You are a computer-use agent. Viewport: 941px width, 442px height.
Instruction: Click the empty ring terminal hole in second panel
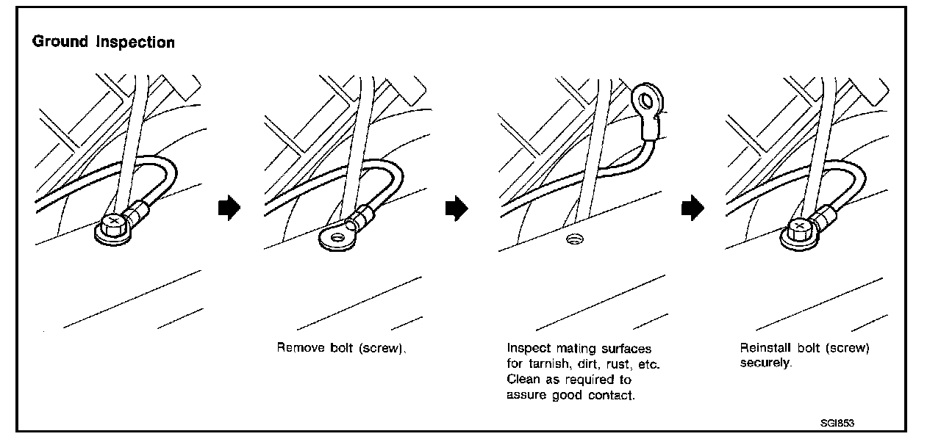tap(337, 236)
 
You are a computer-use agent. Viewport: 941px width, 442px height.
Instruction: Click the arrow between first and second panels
tap(229, 209)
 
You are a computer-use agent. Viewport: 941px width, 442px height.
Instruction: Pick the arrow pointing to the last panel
tap(692, 209)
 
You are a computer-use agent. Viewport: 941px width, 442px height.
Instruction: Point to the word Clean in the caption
tap(522, 380)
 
